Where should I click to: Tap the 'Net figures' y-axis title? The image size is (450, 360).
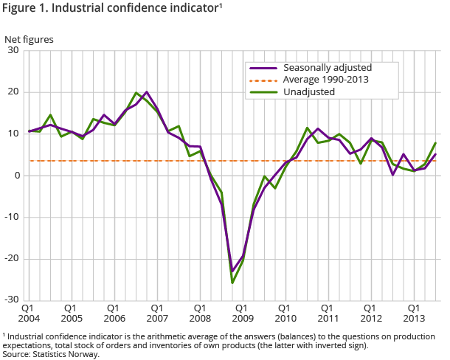tap(29, 38)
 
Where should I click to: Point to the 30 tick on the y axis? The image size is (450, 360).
tap(14, 51)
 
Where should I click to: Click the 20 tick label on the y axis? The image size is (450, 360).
tap(14, 92)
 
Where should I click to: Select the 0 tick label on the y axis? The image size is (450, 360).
tap(17, 176)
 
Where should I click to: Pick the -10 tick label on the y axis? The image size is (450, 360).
tap(12, 217)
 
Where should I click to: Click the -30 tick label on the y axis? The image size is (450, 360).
tap(12, 300)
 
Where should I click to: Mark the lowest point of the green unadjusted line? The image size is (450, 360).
tap(232, 283)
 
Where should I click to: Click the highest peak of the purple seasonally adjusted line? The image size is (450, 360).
tap(147, 92)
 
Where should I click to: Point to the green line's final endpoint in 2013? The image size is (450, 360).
tap(436, 143)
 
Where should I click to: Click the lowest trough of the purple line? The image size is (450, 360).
tap(232, 271)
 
